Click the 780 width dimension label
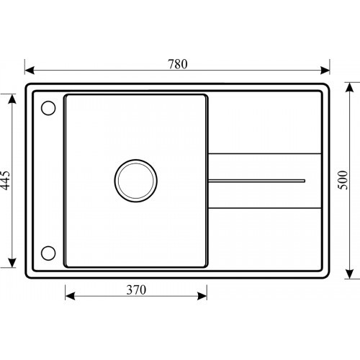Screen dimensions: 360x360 [x=178, y=64]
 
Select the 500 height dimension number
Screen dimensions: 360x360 [x=343, y=180]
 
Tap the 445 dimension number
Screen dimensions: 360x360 [x=5, y=180]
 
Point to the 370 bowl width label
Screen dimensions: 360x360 [x=136, y=290]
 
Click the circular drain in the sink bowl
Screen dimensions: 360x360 [x=136, y=181]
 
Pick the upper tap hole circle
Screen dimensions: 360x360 [x=48, y=108]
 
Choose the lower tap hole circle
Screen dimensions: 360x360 [x=48, y=253]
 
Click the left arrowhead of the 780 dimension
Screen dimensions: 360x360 [x=30, y=71]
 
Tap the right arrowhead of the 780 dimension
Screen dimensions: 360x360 [x=325, y=71]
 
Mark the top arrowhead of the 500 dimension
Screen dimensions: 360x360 [x=350, y=87]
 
